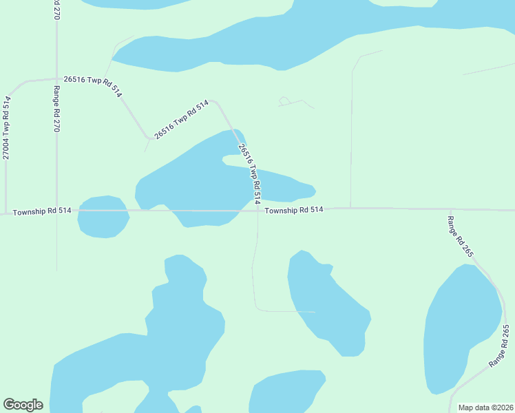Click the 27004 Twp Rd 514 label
6,128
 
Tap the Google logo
23,405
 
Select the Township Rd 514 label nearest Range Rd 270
42,211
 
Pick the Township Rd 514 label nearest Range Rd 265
294,210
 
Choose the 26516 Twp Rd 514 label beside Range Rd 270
92,85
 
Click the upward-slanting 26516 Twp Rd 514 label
181,120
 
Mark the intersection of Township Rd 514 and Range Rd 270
56,211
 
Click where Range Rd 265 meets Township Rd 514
450,209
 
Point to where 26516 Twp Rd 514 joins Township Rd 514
257,209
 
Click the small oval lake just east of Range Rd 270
103,218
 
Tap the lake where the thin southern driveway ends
327,303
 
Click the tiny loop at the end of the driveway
284,101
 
